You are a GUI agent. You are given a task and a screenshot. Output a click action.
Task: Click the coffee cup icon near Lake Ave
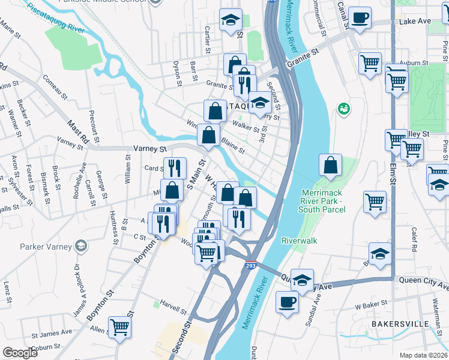pyautogui.click(x=360, y=17)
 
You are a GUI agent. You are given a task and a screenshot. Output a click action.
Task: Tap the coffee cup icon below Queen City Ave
pyautogui.click(x=286, y=302)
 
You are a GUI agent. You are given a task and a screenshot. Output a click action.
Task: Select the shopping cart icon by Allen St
pyautogui.click(x=119, y=327)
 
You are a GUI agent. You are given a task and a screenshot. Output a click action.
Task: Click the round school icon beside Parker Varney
pyautogui.click(x=80, y=246)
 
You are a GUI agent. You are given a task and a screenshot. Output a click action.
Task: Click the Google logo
pyautogui.click(x=20, y=353)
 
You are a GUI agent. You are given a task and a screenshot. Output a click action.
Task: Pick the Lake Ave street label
pyautogui.click(x=415, y=21)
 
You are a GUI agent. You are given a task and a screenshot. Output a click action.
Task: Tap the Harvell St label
pyautogui.click(x=173, y=308)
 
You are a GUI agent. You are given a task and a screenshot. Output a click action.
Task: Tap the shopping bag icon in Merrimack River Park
pyautogui.click(x=331, y=165)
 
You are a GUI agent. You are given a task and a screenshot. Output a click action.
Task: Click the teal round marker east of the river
pyautogui.click(x=344, y=109)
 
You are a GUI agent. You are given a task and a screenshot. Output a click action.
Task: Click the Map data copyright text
pyautogui.click(x=425, y=355)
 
